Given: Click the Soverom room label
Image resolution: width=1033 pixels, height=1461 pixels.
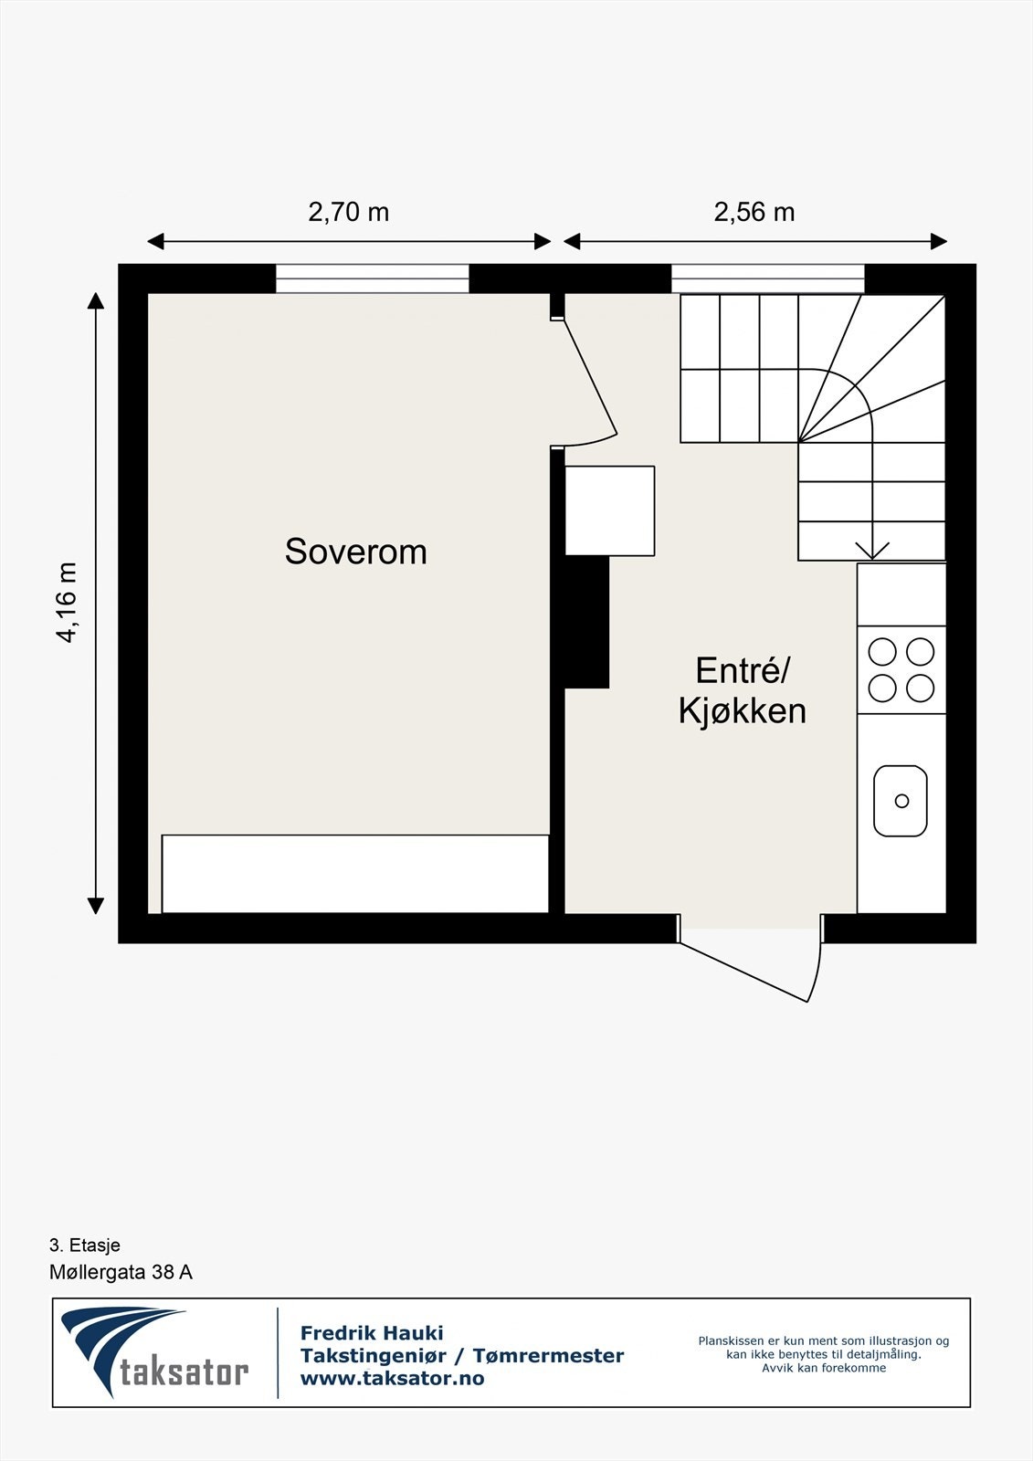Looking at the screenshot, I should [355, 552].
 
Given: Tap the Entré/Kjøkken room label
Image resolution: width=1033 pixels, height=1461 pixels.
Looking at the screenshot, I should [742, 690].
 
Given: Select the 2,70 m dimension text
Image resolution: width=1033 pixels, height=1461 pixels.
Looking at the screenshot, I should [348, 213].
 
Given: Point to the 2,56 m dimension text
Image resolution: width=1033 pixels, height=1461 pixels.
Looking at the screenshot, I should [754, 213].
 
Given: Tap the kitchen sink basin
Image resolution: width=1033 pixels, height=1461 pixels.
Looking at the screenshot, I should [900, 801].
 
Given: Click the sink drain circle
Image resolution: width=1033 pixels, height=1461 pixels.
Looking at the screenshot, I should [901, 801].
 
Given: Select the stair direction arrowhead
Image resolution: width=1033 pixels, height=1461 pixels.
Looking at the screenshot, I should [872, 551].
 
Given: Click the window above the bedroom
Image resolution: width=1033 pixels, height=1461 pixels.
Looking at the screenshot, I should [372, 279].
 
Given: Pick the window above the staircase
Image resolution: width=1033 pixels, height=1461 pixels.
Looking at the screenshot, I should [767, 279].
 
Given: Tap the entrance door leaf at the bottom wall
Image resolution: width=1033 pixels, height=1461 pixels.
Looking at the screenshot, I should [743, 972].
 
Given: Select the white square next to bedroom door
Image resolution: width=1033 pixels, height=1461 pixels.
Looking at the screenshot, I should [609, 510].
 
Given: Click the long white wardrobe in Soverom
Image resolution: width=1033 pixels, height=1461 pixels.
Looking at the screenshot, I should [355, 873].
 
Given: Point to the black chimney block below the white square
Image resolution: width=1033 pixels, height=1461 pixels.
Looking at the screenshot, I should [585, 621].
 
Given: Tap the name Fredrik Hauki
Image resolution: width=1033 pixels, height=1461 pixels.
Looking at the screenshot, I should [372, 1333].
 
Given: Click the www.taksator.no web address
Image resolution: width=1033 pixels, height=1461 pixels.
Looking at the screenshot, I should [392, 1379].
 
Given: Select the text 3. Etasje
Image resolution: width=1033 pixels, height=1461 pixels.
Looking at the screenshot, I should [85, 1245].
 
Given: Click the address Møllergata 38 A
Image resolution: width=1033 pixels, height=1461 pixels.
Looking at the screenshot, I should [121, 1272].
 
